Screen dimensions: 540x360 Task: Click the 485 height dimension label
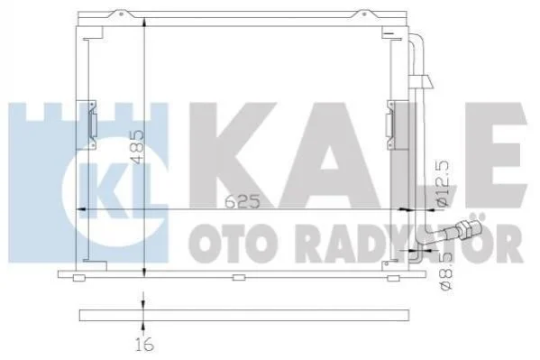point(139,146)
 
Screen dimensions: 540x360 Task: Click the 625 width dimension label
point(243,201)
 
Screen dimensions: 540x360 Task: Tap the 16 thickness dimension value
point(144,345)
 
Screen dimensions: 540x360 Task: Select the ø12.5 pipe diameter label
point(444,183)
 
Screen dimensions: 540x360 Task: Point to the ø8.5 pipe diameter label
point(446,271)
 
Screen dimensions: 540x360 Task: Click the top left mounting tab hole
point(121,14)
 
